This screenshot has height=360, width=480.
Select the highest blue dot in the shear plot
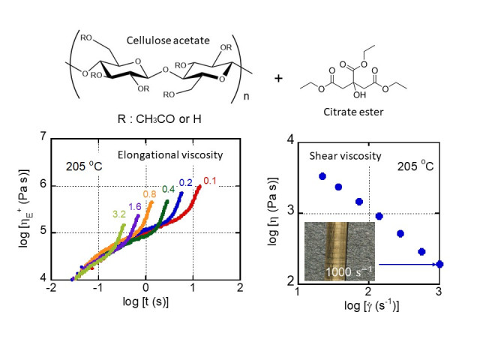point(322,176)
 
